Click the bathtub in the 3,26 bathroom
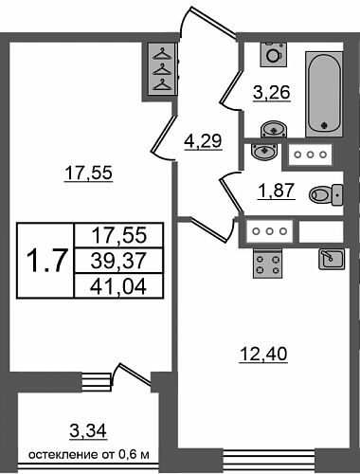click(324, 94)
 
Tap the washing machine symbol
click(274, 54)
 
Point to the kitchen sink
click(332, 259)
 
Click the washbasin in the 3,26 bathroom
click(274, 130)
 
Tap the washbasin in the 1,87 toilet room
click(264, 152)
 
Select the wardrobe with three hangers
click(162, 70)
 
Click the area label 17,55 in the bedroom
click(88, 173)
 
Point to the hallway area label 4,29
click(204, 140)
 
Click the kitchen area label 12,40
click(263, 354)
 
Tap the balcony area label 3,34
click(88, 430)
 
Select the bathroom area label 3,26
click(272, 93)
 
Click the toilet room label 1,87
click(277, 191)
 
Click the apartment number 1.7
click(47, 261)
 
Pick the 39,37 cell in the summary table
click(118, 261)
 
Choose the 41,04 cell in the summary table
click(118, 286)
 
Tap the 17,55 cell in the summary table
click(118, 236)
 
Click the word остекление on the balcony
click(63, 455)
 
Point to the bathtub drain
click(323, 125)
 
